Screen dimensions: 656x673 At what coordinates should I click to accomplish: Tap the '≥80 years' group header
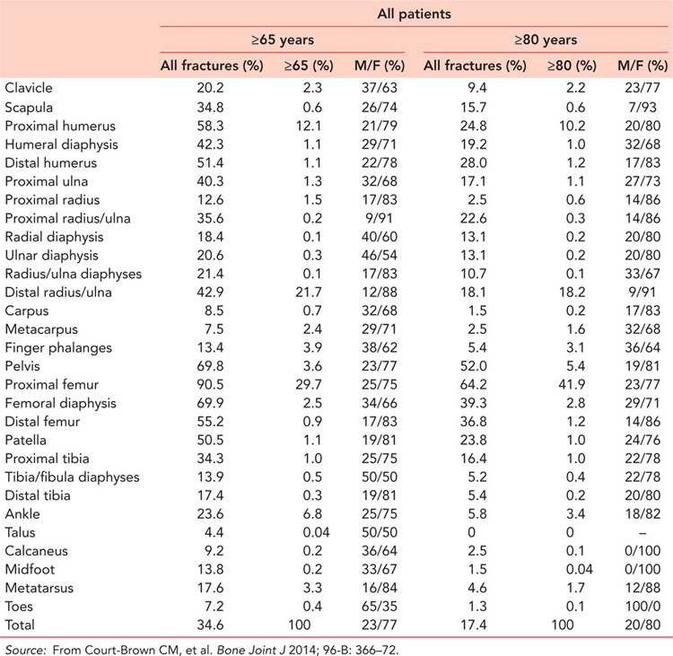[x=543, y=40]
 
